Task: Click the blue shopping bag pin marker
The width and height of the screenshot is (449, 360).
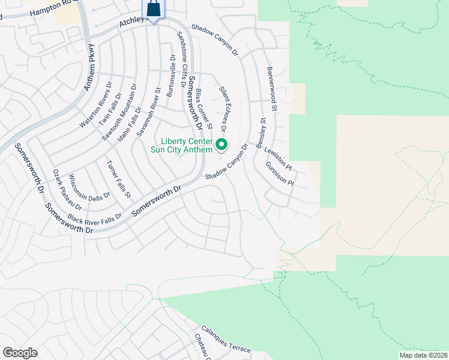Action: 154,10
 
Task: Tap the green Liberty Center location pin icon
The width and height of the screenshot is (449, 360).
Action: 221,144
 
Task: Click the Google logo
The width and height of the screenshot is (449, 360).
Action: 20,353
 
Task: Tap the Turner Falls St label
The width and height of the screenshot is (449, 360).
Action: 118,179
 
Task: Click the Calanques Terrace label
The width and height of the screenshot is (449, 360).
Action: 226,340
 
